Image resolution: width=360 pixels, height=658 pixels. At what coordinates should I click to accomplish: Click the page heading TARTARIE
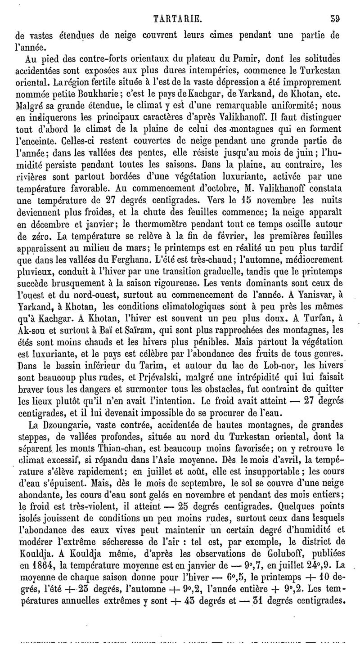[x=178, y=19]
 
